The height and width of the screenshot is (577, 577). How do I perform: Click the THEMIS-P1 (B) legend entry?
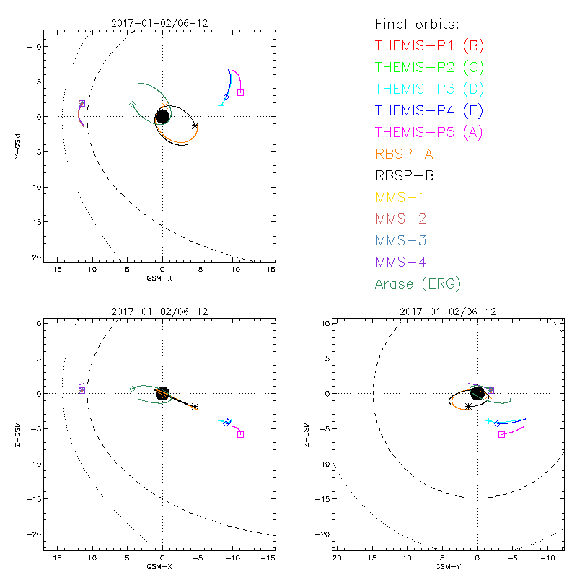[x=429, y=45]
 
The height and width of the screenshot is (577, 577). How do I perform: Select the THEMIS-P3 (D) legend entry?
[x=429, y=89]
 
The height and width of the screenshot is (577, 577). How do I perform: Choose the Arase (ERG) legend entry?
[x=418, y=283]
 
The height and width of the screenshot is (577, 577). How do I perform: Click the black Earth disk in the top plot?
[x=162, y=116]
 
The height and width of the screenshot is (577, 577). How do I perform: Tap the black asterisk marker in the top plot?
[x=195, y=125]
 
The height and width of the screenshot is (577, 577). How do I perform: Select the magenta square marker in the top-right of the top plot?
[x=240, y=92]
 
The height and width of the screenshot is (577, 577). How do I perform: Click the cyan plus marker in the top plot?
[x=221, y=105]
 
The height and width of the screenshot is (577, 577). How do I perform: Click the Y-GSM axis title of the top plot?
[x=18, y=145]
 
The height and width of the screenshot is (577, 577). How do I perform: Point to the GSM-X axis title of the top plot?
[x=162, y=277]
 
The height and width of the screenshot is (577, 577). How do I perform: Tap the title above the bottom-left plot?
[x=162, y=312]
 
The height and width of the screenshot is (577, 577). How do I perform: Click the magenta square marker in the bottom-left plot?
[x=240, y=434]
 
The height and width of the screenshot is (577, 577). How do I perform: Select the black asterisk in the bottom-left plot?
[x=195, y=407]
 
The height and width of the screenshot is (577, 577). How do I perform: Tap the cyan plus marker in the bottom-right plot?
[x=489, y=421]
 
